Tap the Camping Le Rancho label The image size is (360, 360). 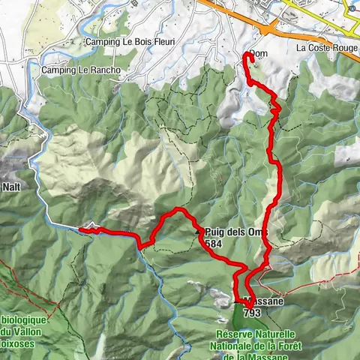80,70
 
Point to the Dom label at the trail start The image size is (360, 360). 258,54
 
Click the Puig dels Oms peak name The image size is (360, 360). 234,233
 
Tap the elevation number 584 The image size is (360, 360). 213,244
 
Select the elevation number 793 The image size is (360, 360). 253,313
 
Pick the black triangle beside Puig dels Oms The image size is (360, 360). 199,232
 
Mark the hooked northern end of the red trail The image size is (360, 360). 247,53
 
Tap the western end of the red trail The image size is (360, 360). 80,230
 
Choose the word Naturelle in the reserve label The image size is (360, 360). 274,334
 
